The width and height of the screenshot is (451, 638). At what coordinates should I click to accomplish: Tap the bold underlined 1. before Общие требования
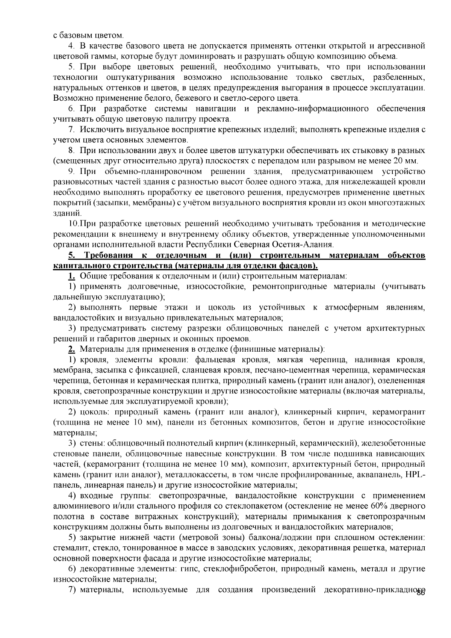[71, 276]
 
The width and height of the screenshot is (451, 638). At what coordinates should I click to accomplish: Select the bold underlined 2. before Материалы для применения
[71, 349]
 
